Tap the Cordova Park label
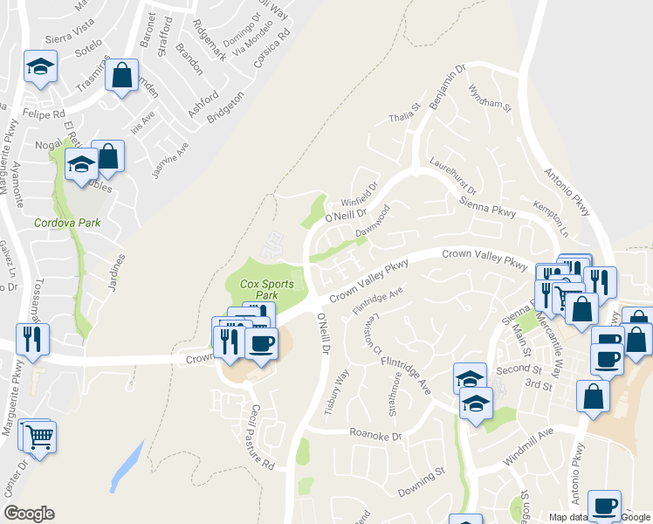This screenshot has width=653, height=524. coord(67,223)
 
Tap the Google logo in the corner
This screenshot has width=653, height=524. coord(29,514)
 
